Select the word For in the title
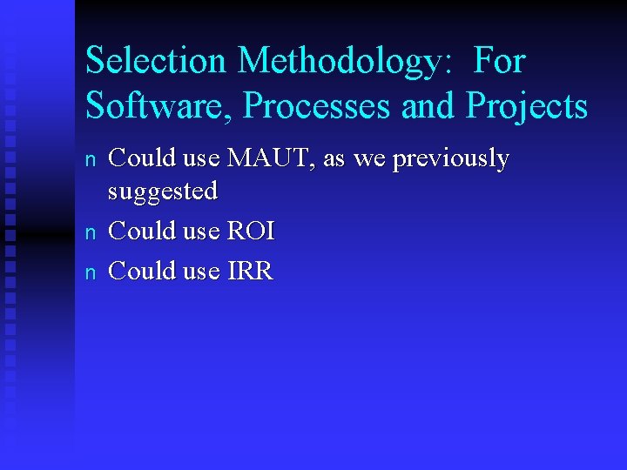pos(499,62)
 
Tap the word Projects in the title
pos(527,106)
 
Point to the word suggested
pos(162,191)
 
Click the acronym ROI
pos(251,231)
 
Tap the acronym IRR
pos(250,271)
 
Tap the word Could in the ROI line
pos(140,231)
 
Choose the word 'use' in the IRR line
pos(201,271)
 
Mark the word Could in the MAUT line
pos(140,158)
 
